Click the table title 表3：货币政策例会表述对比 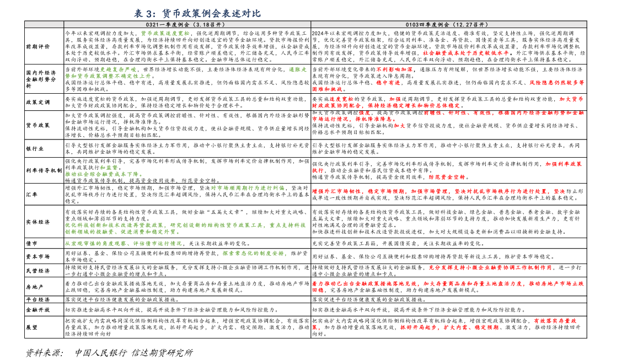click(x=197, y=13)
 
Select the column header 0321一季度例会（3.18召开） click(x=186, y=25)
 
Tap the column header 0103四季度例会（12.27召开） click(x=448, y=25)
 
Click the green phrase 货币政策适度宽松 click(x=165, y=34)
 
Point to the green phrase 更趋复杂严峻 click(x=118, y=69)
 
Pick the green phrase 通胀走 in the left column click(x=297, y=69)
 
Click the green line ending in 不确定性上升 click(x=108, y=76)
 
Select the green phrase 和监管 click(x=109, y=168)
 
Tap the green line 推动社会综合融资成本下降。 click(x=104, y=174)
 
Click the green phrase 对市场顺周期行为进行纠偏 click(x=248, y=188)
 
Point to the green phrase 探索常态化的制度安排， click(x=255, y=254)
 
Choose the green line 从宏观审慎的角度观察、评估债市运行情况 click(x=123, y=243)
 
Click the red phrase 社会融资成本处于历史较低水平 click(x=466, y=53)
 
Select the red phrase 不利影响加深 click(x=394, y=69)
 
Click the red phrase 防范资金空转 click(x=447, y=177)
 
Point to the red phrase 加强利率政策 click(x=564, y=164)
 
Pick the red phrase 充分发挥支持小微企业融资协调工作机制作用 click(x=490, y=267)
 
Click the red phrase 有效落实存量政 click(x=555, y=321)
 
